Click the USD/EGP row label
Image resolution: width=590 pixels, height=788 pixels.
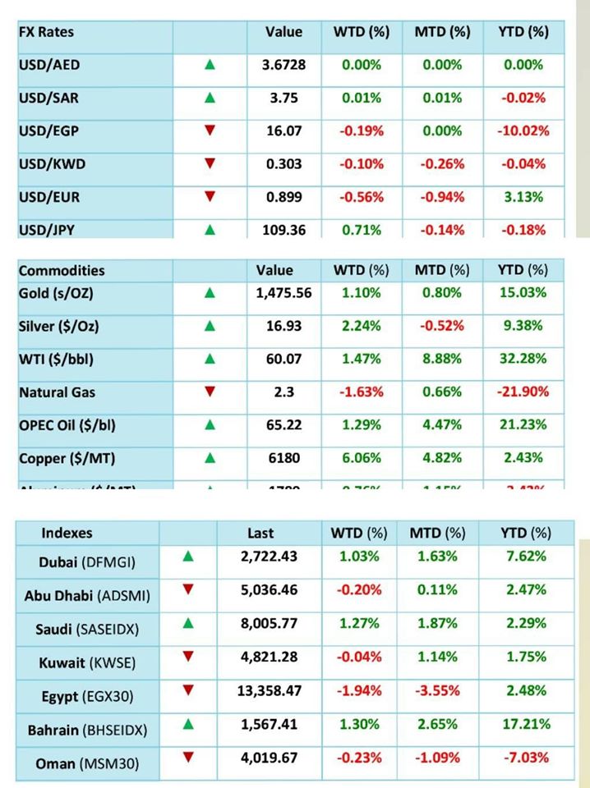coord(48,131)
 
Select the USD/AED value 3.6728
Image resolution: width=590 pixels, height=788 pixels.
coord(283,65)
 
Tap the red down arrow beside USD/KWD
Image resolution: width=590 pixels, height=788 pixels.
coord(210,163)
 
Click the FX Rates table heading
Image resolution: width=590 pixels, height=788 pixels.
coord(46,32)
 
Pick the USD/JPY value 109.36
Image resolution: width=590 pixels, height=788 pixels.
coord(283,230)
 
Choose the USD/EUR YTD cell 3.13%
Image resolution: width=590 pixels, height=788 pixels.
coord(523,196)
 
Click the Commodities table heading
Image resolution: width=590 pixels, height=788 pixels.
coord(62,270)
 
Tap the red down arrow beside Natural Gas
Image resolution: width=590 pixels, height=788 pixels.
coord(210,392)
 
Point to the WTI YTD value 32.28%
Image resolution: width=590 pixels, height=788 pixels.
coord(523,359)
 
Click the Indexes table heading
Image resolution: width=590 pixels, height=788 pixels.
coord(67,533)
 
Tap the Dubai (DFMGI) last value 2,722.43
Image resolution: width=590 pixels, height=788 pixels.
coord(269,557)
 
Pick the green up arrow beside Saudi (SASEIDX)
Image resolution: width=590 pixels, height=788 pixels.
coord(189,622)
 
